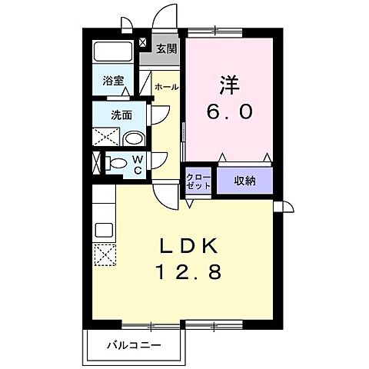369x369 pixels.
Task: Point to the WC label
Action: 136,164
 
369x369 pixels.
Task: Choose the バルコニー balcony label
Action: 134,345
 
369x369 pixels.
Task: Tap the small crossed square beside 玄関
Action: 144,42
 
